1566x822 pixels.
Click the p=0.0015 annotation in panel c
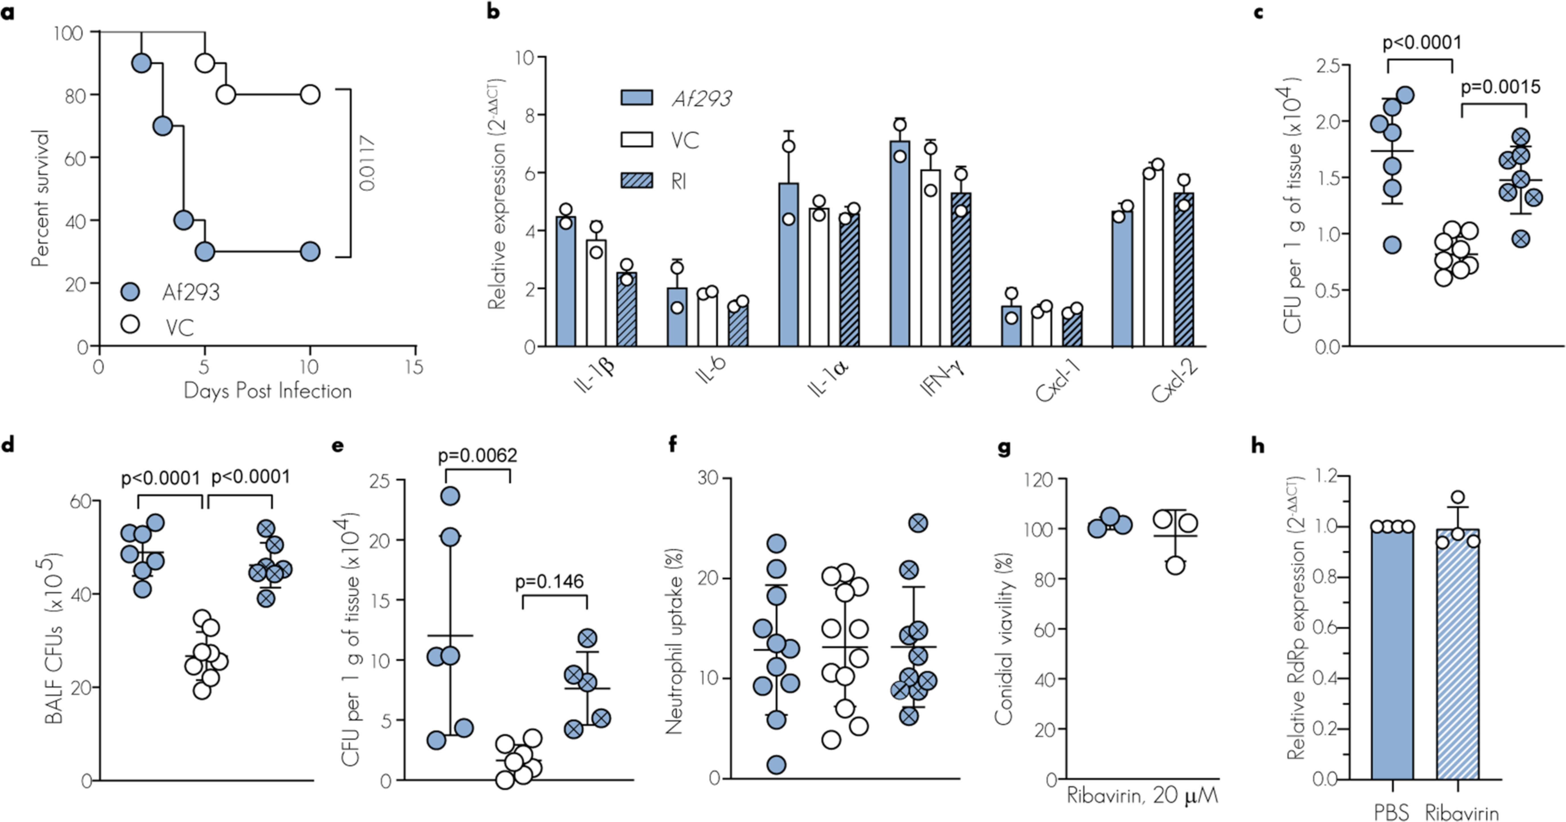tap(1500, 87)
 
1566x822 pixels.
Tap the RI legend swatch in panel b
tap(636, 181)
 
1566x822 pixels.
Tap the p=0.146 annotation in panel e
tap(550, 582)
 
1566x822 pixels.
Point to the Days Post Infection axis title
tap(268, 391)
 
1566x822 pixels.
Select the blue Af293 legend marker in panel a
tap(130, 292)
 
